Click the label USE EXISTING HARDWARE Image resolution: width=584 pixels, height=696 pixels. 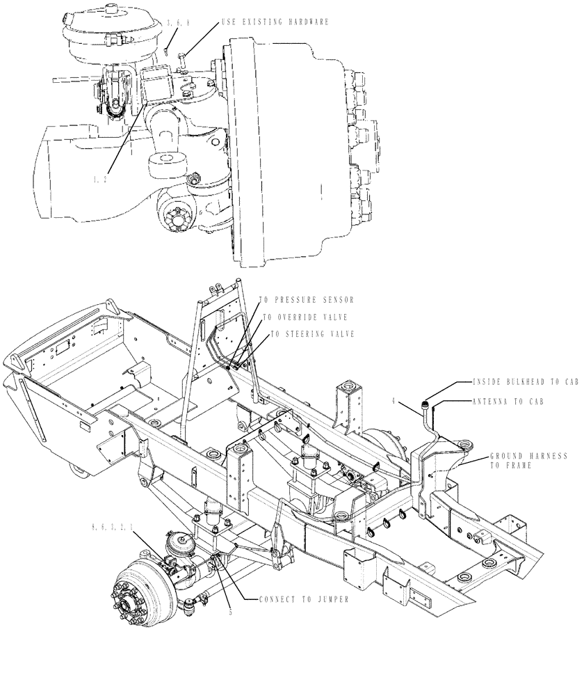275,22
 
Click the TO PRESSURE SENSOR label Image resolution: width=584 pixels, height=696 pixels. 307,300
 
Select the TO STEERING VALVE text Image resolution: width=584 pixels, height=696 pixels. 312,334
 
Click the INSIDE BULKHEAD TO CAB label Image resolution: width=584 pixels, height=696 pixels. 525,382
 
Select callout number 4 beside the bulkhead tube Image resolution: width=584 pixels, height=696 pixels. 394,401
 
